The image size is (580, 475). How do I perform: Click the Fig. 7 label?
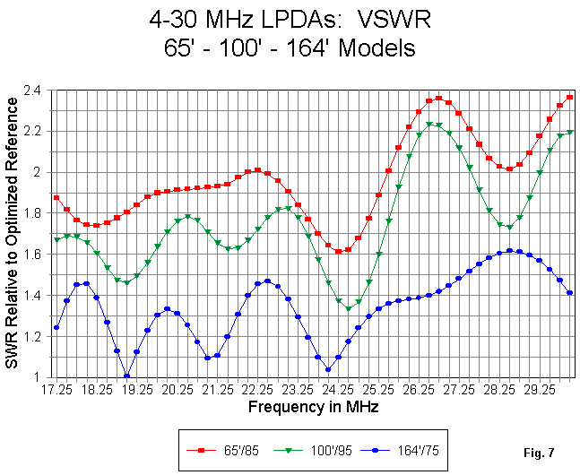[x=539, y=453]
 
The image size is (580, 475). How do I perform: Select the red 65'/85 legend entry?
[x=222, y=450]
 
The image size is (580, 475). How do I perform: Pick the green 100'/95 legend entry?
[x=313, y=450]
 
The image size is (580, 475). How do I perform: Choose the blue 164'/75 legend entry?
[x=400, y=450]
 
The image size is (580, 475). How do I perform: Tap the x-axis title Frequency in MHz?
[x=313, y=407]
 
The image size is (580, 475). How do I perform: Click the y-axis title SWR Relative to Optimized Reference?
[x=12, y=233]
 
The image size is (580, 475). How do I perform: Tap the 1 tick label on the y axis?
[x=37, y=377]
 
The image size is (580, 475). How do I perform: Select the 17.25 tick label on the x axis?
[x=56, y=390]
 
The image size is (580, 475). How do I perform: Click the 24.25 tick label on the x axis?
[x=339, y=390]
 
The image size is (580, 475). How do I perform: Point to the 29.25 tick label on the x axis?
[x=540, y=390]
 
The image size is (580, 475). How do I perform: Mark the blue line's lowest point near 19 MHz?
[x=127, y=376]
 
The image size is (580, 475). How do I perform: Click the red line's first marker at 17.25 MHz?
[x=56, y=197]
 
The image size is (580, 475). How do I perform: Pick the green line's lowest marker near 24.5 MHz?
[x=348, y=309]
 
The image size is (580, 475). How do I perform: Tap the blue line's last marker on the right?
[x=569, y=293]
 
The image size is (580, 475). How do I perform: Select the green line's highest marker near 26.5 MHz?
[x=429, y=125]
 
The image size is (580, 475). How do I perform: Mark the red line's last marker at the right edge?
[x=569, y=98]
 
